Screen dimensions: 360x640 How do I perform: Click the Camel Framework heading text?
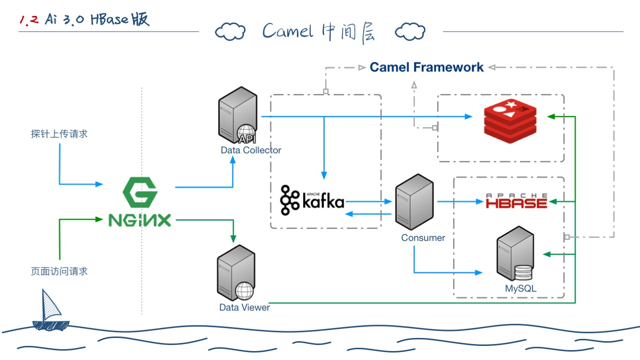426,67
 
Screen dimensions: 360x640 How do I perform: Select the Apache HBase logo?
516,201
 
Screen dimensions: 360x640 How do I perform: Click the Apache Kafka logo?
312,201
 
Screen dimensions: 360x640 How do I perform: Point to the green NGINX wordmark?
140,220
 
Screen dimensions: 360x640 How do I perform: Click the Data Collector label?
251,150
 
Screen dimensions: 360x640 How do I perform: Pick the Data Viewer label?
245,307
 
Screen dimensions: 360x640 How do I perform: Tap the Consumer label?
423,238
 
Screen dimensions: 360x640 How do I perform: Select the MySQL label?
521,289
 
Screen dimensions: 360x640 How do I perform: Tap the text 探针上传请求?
60,134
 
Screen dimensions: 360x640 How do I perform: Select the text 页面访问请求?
60,271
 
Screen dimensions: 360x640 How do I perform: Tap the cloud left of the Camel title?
230,32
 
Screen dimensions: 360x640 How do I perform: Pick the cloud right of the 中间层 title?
410,32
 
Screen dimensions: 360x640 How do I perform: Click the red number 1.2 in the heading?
29,21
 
